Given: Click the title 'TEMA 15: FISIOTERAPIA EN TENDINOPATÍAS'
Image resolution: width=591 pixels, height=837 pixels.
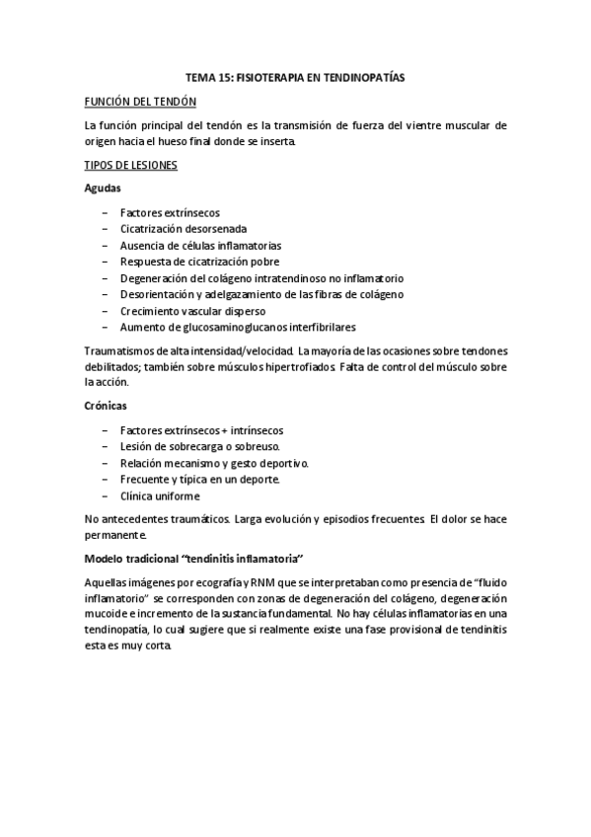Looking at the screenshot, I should [x=295, y=76].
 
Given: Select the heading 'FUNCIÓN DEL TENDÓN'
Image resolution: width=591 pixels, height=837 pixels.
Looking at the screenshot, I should [x=139, y=102].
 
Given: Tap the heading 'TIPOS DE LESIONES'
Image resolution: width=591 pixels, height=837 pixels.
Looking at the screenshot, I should [x=130, y=165].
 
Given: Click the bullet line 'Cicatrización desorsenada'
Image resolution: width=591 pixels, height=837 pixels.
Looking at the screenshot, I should [x=176, y=228].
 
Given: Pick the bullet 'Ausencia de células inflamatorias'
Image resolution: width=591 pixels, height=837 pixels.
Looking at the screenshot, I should [x=200, y=245].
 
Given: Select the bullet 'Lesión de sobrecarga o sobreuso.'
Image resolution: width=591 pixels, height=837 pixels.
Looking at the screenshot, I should [x=196, y=447].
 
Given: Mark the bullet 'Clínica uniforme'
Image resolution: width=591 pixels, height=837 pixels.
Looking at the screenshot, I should [x=159, y=495].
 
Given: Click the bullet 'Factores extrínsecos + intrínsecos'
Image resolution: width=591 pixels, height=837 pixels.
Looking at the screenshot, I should [x=201, y=430].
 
